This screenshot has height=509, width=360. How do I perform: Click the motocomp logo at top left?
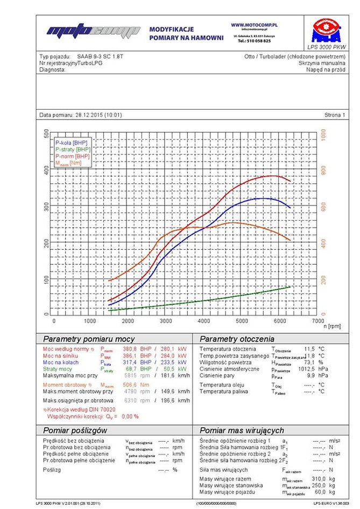pyautogui.click(x=92, y=32)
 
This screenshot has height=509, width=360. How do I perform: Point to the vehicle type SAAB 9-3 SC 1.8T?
pyautogui.click(x=100, y=56)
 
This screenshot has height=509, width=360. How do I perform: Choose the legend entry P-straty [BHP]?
pyautogui.click(x=73, y=149)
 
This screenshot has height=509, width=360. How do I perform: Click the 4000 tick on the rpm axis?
pyautogui.click(x=204, y=321)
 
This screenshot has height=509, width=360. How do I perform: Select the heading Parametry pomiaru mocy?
pyautogui.click(x=89, y=340)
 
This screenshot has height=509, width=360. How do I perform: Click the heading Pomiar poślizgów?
pyautogui.click(x=75, y=430)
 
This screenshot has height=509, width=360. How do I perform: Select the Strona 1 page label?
pyautogui.click(x=335, y=115)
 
